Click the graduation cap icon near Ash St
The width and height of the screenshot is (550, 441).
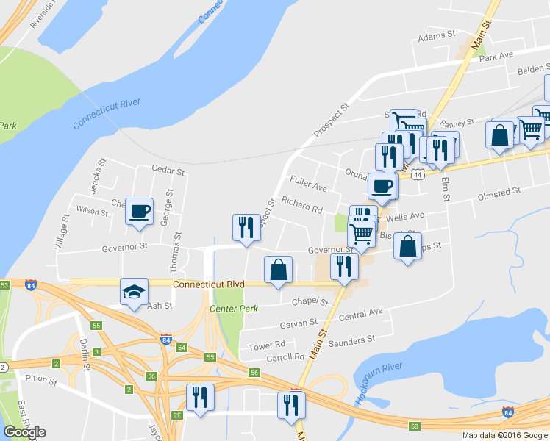135,292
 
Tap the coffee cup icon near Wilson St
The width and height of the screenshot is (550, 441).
139,212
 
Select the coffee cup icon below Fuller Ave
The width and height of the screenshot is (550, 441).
382,186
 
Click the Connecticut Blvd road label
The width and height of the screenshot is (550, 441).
210,284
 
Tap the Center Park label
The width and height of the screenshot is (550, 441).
234,309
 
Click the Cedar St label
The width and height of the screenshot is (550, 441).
168,170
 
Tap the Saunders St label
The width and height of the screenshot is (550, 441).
355,339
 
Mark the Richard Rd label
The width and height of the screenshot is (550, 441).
301,209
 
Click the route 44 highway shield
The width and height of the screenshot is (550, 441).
418,174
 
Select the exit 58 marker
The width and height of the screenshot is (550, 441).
414,426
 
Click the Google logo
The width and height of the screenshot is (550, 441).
24,431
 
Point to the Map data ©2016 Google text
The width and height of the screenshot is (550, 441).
505,435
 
